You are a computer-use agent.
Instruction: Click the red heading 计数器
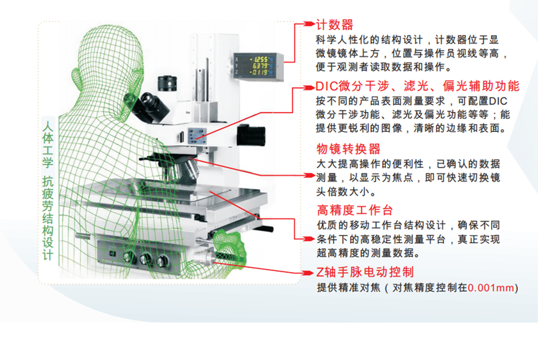point(334,25)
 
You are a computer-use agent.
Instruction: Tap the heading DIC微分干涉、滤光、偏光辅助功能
point(417,86)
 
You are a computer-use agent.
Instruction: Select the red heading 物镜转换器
point(348,149)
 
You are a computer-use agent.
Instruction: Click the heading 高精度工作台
point(355,210)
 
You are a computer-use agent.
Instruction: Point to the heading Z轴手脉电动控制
point(365,272)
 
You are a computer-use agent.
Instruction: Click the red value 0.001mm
point(491,288)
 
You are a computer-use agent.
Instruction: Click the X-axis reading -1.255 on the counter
point(259,59)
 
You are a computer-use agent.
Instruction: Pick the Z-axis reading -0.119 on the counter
point(259,72)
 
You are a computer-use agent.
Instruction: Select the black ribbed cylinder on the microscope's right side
point(251,135)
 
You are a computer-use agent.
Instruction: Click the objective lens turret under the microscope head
point(187,167)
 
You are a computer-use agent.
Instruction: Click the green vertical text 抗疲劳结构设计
point(48,218)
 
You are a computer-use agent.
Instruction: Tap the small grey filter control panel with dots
point(197,135)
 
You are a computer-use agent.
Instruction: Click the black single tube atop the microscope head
point(167,83)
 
